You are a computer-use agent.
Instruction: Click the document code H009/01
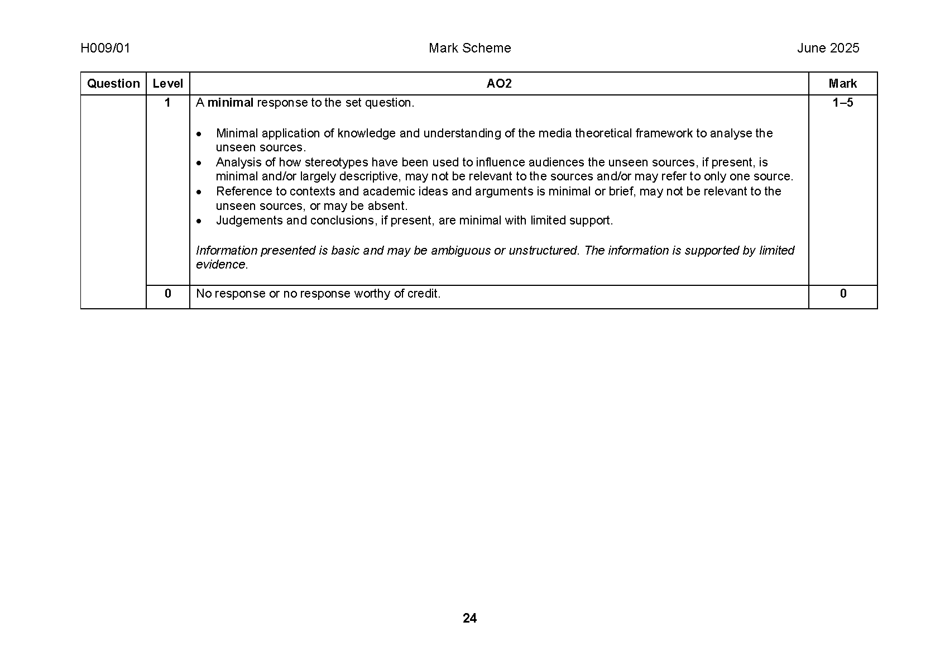tap(105, 48)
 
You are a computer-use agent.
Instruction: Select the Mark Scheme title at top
tap(469, 48)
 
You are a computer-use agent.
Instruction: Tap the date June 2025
tap(828, 48)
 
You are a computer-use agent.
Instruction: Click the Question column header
tap(113, 84)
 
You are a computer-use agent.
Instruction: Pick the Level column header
tap(167, 84)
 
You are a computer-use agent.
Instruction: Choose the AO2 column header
tap(498, 84)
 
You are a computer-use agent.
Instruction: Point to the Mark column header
tap(842, 84)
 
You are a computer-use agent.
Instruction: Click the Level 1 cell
tap(167, 103)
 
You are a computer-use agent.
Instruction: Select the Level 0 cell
tap(167, 294)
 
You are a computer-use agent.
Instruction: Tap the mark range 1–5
tap(842, 103)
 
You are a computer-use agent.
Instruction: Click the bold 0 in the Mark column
tap(843, 294)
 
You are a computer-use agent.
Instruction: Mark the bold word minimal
tap(231, 103)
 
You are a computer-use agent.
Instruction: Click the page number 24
tap(469, 618)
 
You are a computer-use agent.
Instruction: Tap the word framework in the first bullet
tap(664, 133)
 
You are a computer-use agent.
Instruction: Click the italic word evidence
tap(221, 265)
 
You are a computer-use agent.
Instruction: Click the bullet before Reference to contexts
tap(198, 192)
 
